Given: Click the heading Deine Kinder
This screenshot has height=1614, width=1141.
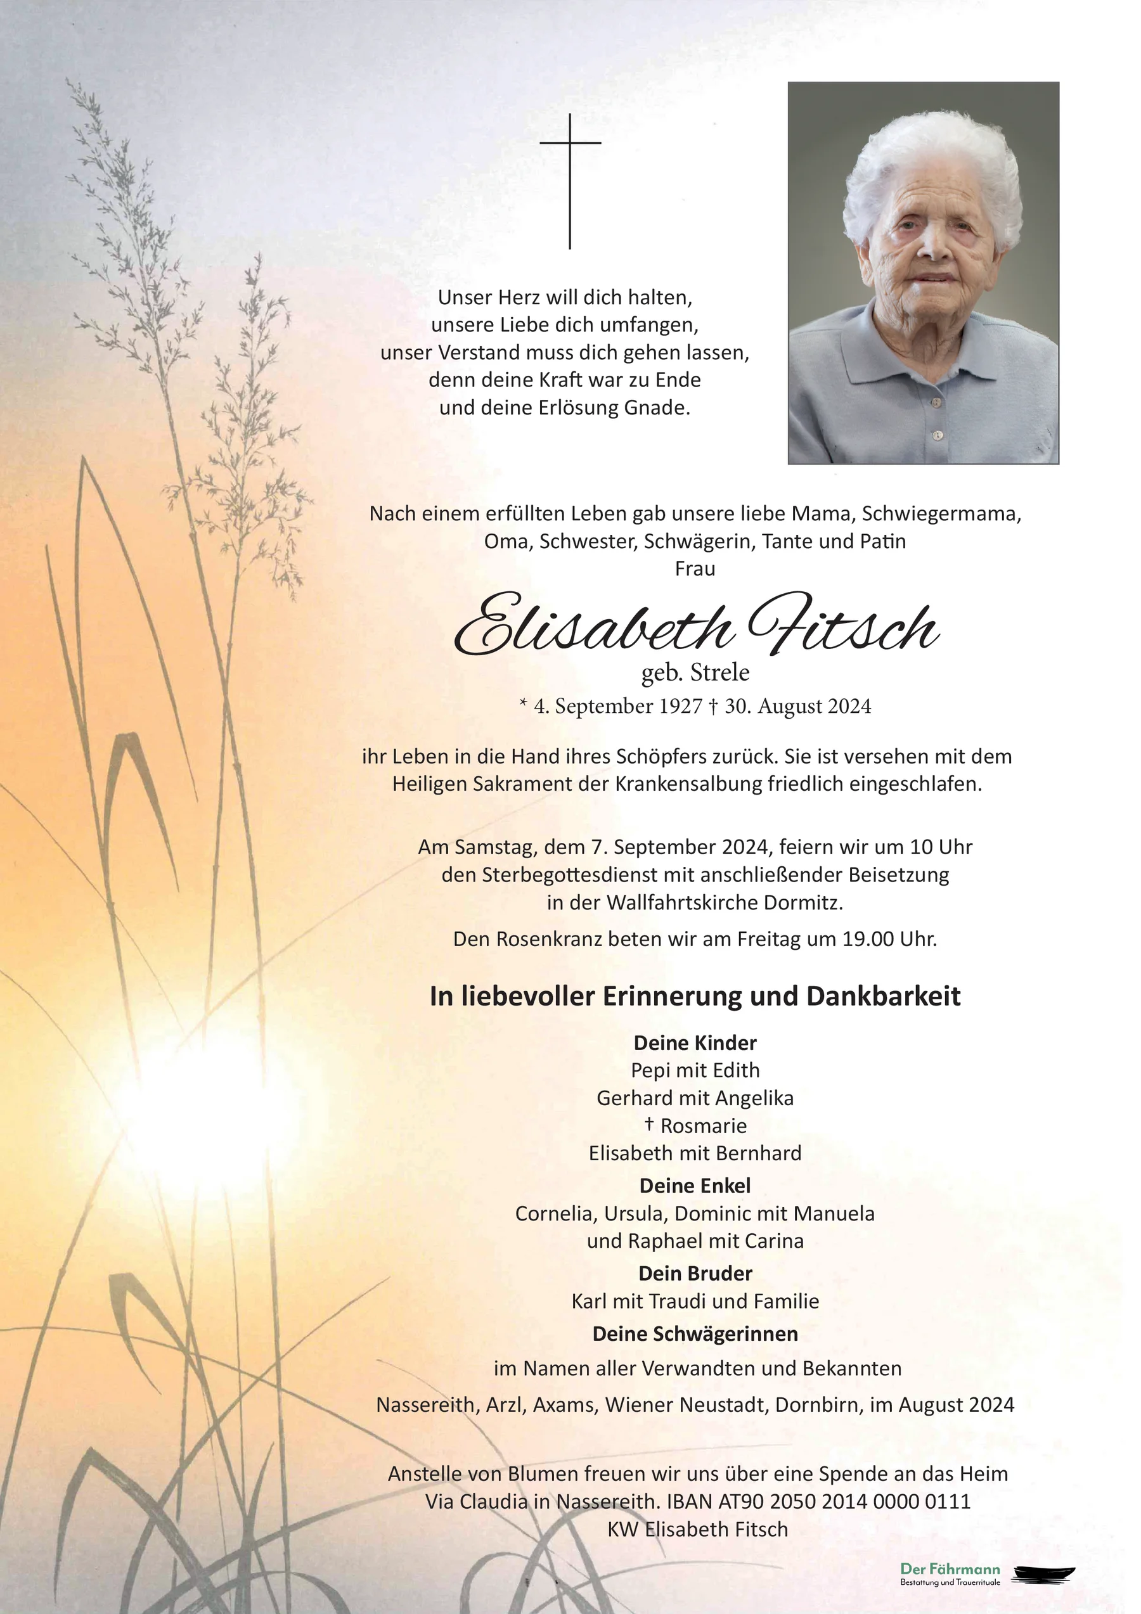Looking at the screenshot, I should coord(695,1042).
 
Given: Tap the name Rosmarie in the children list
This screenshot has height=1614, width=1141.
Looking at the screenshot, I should coord(703,1125).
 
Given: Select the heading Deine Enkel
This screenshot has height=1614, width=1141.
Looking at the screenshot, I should coord(695,1186).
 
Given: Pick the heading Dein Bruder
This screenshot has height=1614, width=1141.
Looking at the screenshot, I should coord(695,1273).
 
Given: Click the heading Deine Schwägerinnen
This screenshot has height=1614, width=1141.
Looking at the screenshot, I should coord(695,1333).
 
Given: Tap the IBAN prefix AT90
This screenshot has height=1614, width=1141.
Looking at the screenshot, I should coord(740,1502).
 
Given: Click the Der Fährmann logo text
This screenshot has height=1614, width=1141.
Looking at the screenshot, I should coord(950,1569).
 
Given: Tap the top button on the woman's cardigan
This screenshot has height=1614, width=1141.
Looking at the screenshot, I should coord(936,403).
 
